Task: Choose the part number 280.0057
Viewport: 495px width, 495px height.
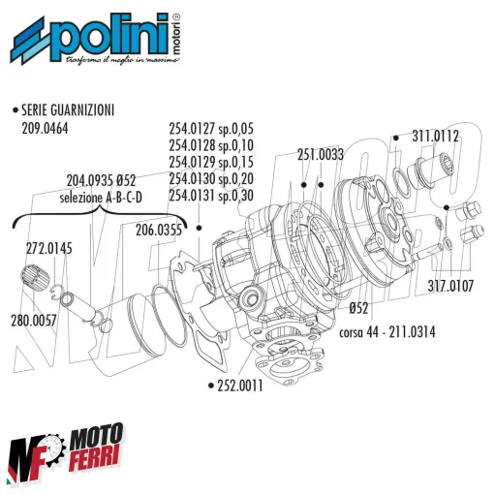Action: pyautogui.click(x=34, y=318)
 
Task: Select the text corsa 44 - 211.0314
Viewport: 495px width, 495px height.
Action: pyautogui.click(x=387, y=332)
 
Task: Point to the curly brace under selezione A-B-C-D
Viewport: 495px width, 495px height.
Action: pyautogui.click(x=97, y=219)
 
